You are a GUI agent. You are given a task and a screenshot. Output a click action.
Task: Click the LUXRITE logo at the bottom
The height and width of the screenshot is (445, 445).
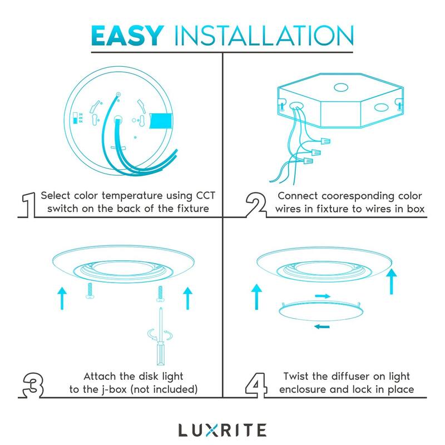(x=222, y=429)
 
